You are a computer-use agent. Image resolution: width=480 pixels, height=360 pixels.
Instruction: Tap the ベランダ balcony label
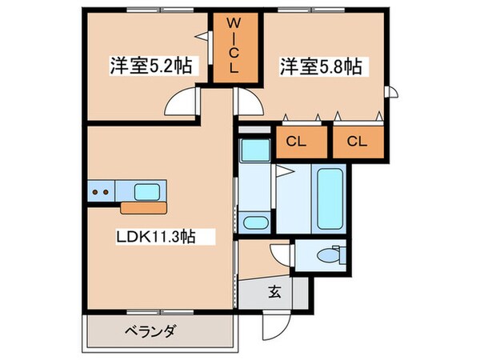coord(150,331)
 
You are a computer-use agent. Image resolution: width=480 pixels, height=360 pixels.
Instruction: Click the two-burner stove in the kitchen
coord(102,192)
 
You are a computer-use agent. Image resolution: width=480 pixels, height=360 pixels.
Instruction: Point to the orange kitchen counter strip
coord(143,209)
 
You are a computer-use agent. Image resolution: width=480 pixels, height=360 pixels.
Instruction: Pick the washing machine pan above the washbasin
coord(255,150)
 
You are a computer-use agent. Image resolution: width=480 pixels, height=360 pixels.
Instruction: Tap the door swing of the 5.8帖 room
coord(249,103)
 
